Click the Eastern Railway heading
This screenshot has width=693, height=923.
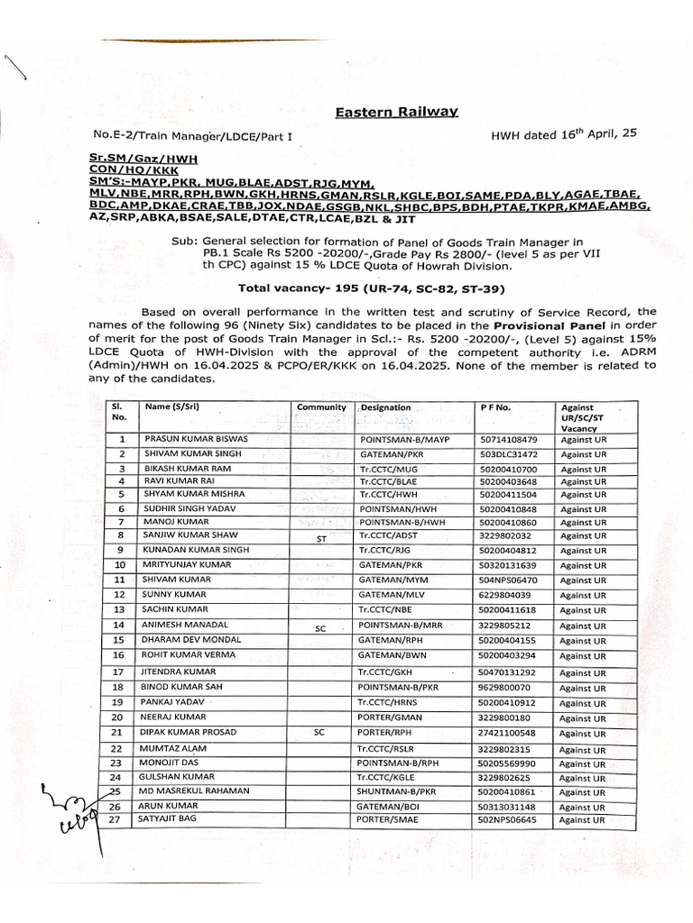(x=396, y=112)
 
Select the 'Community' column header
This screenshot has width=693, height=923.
(x=321, y=407)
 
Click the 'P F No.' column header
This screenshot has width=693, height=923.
(x=496, y=407)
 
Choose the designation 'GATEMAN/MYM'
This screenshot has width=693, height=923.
(x=391, y=580)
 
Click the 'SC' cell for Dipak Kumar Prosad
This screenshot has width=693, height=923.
(x=319, y=733)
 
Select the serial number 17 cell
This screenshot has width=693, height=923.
(x=118, y=672)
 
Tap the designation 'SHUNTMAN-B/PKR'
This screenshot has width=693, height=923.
(x=397, y=790)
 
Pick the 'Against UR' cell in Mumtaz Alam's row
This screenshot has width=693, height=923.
(x=582, y=749)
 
